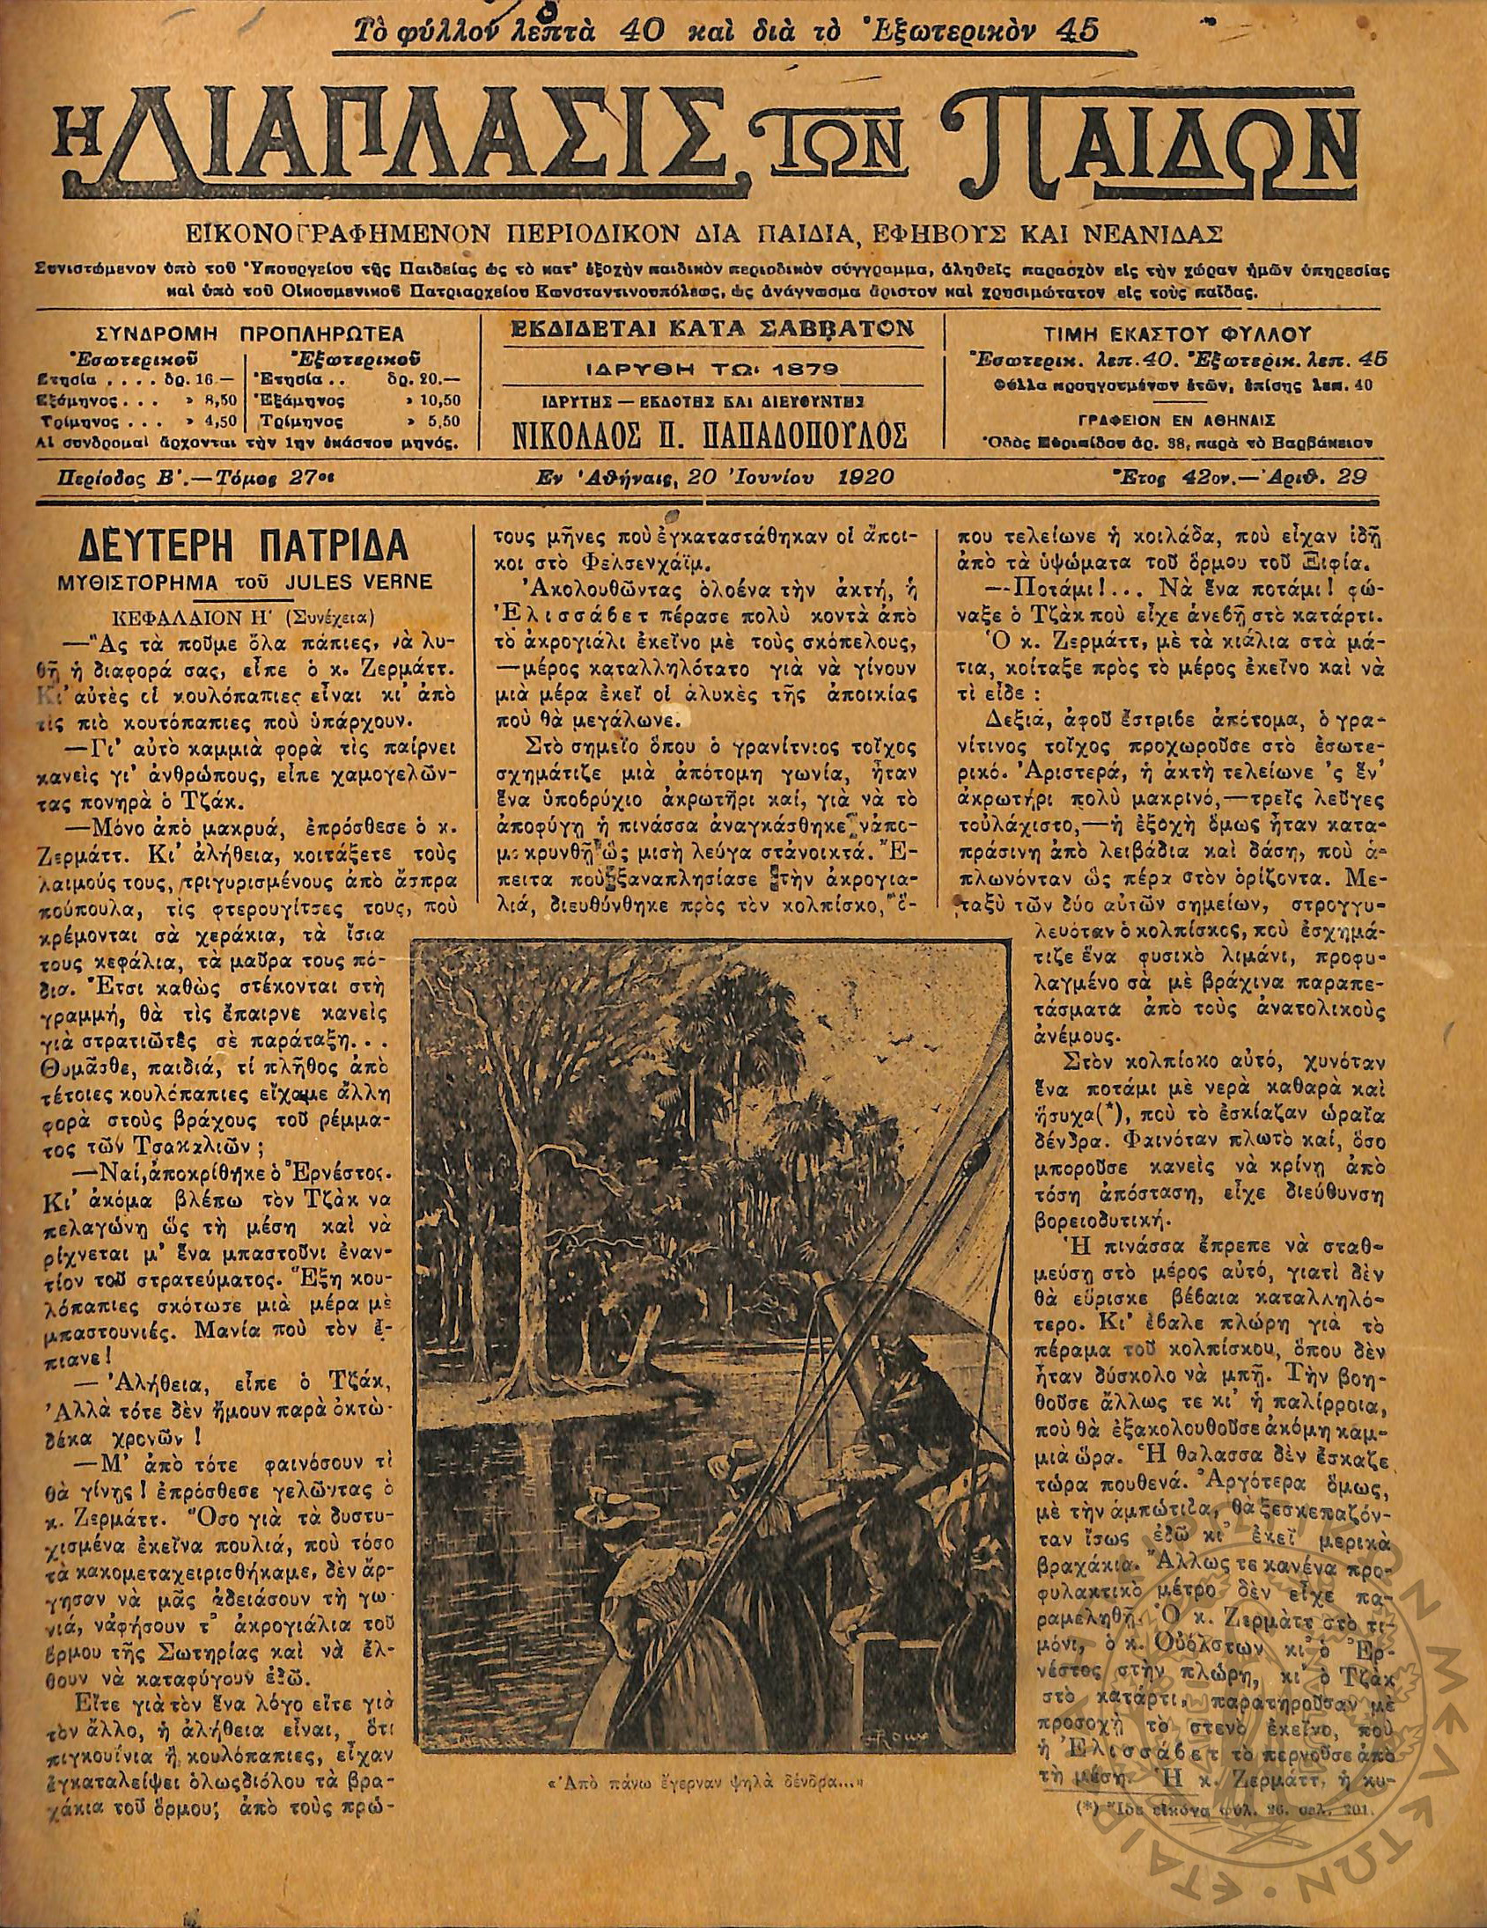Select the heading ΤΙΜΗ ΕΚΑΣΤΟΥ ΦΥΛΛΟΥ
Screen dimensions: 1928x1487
[1177, 334]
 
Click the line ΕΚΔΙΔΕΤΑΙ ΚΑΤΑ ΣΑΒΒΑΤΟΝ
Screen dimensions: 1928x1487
[710, 330]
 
